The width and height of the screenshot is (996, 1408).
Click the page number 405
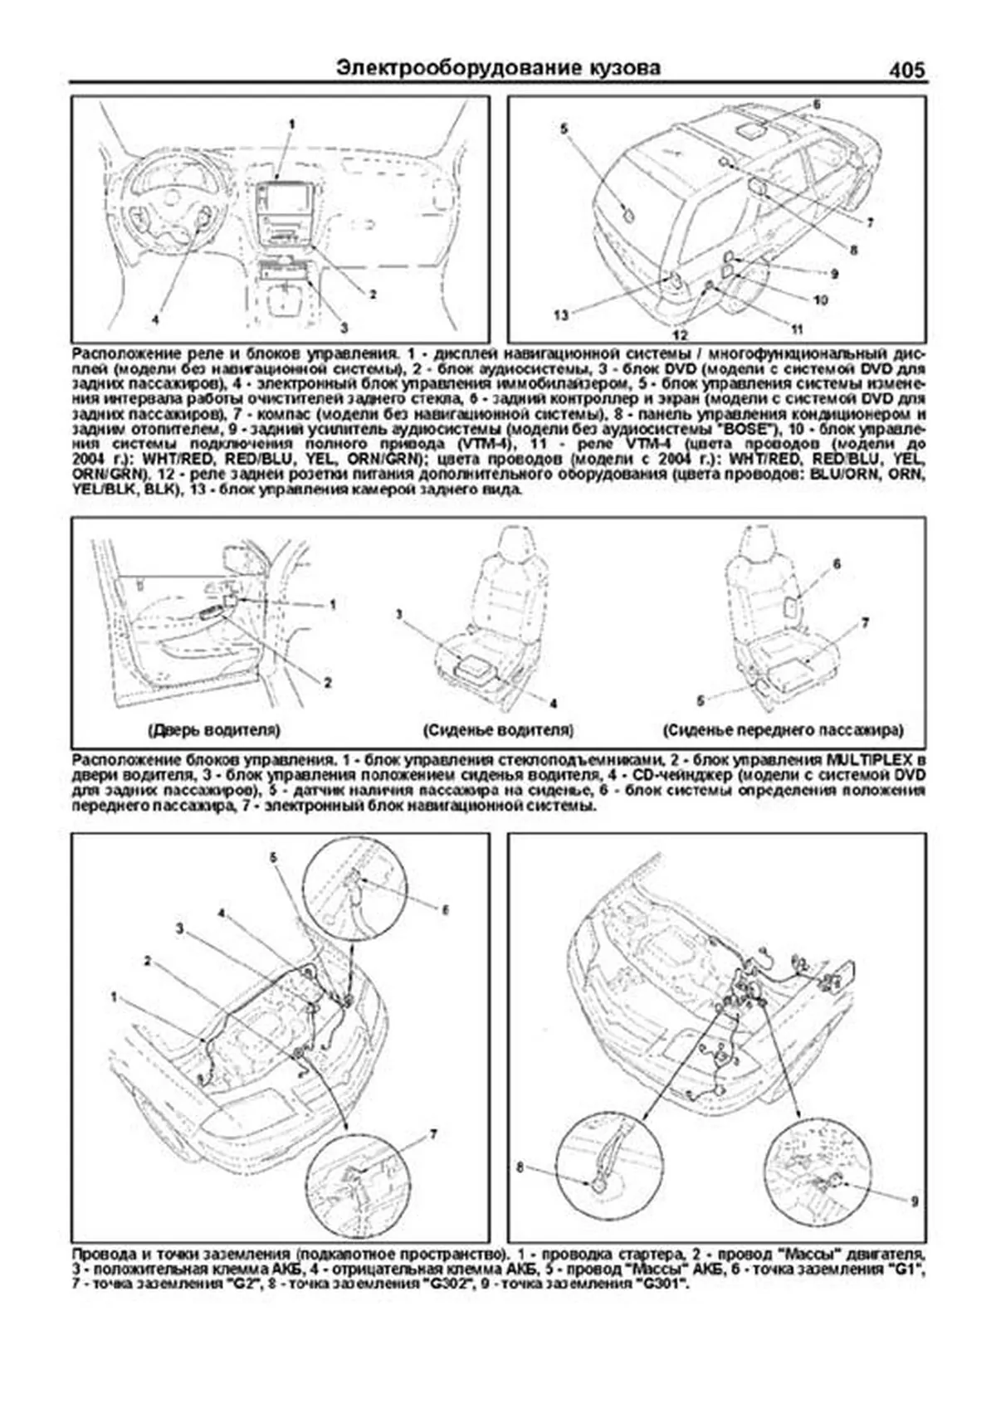coord(906,70)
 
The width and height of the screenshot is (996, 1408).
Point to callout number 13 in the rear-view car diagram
coord(562,314)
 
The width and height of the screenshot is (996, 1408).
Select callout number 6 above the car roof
coord(816,105)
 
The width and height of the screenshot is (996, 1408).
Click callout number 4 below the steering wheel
coord(155,319)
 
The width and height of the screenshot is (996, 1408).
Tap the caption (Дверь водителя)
coord(214,731)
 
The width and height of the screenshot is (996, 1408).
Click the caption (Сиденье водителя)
coord(498,731)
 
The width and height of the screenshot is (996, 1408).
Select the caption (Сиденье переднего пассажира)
coord(783,731)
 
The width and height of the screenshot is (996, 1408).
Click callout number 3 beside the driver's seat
coord(398,615)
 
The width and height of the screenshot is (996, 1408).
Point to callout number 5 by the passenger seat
coord(701,701)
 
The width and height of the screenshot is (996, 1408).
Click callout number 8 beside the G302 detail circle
coord(521,1167)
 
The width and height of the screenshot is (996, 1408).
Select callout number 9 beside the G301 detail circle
coord(914,1201)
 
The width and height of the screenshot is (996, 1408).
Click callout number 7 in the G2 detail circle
coord(432,1134)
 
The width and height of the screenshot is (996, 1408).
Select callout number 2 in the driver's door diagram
coord(328,683)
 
